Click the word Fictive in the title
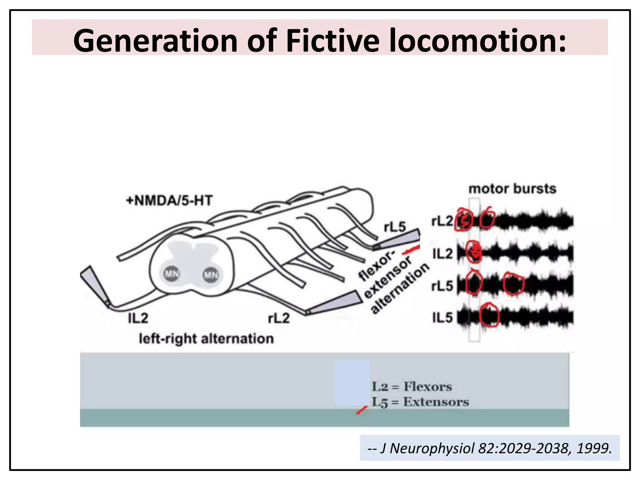point(332,41)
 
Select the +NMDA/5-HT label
point(169,200)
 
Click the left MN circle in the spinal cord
point(172,274)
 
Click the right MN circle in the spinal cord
point(211,275)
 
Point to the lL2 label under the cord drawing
point(138,318)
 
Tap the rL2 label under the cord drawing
point(279,318)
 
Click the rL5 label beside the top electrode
point(395,227)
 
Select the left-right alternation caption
point(206,339)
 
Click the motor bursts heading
point(512,189)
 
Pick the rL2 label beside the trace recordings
point(442,221)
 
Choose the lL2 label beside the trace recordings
point(442,253)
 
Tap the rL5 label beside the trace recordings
point(442,286)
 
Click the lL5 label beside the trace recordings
point(442,317)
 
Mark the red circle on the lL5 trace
point(489,315)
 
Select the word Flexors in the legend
point(427,387)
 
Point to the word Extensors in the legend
point(436,402)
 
